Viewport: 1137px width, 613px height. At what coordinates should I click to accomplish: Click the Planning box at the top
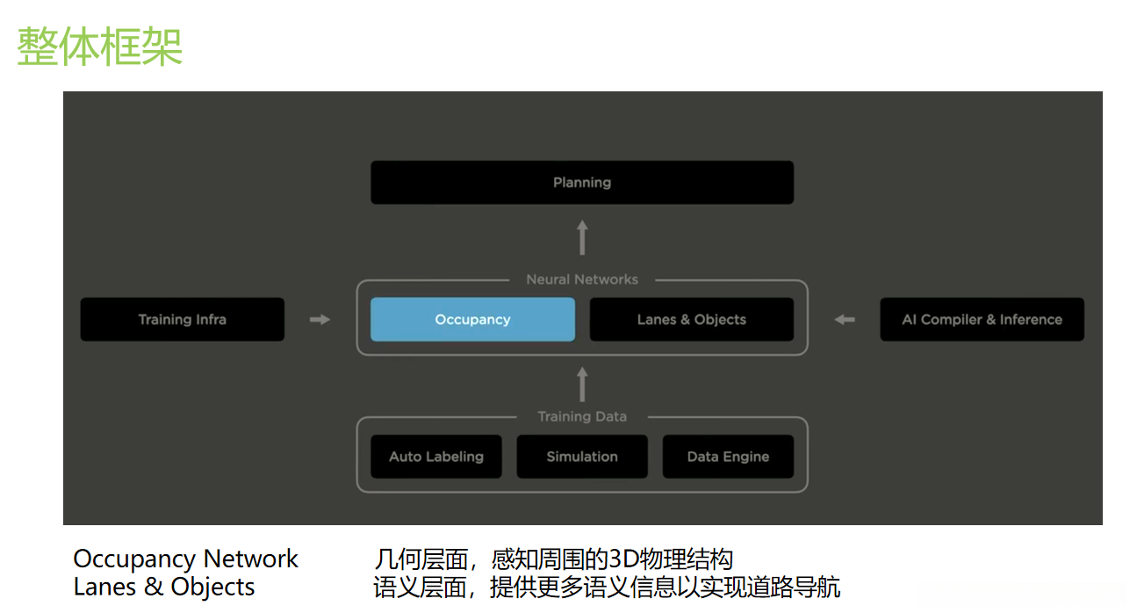point(582,183)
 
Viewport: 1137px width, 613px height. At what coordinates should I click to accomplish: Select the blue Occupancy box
point(472,320)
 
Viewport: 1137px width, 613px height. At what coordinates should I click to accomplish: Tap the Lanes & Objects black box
point(691,320)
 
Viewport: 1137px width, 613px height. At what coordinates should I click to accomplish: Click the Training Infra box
point(182,320)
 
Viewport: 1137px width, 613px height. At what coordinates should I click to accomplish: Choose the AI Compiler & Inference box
point(982,320)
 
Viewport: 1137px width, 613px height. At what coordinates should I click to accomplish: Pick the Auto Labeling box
point(436,457)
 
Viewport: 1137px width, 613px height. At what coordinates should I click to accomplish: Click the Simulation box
point(582,457)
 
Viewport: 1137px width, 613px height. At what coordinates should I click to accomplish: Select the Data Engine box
point(728,457)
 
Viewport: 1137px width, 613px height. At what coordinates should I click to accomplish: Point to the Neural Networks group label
point(582,279)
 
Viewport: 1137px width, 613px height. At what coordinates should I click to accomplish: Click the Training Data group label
point(582,416)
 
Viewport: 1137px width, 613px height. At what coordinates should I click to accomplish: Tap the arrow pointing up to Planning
point(582,238)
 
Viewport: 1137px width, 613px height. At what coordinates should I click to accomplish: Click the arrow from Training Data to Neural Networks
point(582,385)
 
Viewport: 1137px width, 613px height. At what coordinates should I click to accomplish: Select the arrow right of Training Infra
point(320,320)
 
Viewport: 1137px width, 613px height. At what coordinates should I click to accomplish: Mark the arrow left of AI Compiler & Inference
point(844,320)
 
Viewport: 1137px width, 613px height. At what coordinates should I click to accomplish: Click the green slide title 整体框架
point(100,46)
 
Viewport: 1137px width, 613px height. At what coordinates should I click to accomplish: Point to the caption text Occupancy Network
point(185,559)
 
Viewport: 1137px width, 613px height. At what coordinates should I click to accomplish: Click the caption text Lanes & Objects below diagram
point(164,587)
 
